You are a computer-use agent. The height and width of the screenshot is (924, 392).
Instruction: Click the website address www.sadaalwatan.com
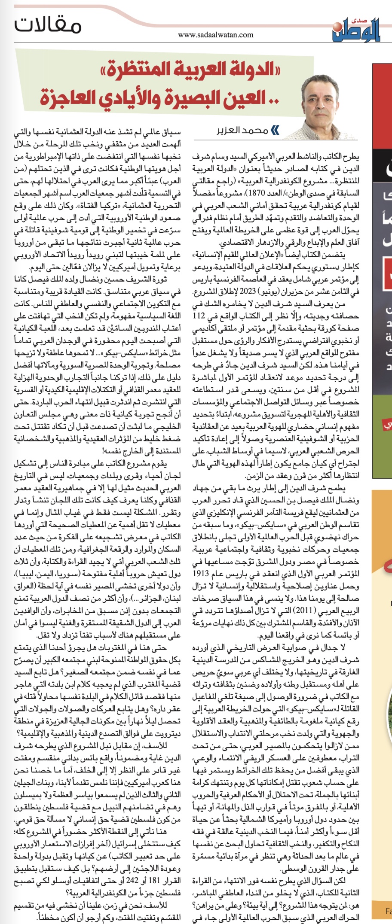[x=215, y=35]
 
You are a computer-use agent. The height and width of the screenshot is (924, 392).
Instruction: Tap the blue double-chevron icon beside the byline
[x=275, y=130]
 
